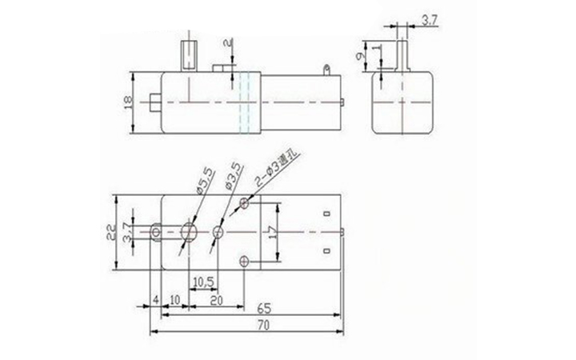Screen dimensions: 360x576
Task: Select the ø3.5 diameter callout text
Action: tap(233, 175)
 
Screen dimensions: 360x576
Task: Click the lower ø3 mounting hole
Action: tap(244, 261)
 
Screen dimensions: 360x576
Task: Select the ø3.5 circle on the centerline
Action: tap(218, 233)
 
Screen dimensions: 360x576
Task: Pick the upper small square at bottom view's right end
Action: tap(326, 214)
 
